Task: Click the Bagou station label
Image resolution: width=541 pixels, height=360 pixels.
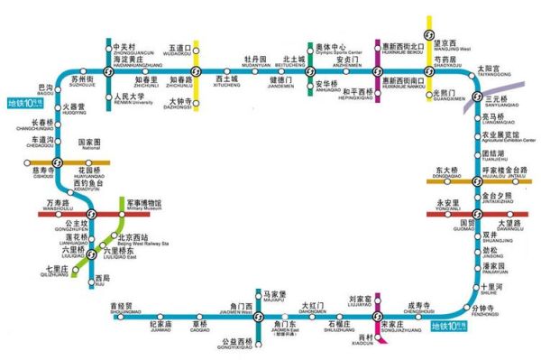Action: click(x=44, y=89)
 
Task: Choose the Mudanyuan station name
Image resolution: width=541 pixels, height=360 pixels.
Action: click(x=257, y=62)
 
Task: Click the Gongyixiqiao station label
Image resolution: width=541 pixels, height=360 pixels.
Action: click(x=236, y=344)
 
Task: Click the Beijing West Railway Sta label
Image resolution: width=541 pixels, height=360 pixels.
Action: click(x=139, y=241)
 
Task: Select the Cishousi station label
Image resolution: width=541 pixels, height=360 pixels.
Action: click(x=43, y=171)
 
